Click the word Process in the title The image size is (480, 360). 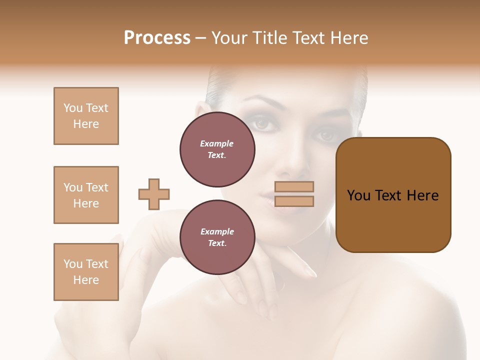point(157,38)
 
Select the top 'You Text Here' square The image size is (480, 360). point(86,116)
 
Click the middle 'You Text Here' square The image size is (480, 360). point(86,195)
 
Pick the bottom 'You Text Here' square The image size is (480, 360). point(86,272)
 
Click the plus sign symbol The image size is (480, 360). point(154,194)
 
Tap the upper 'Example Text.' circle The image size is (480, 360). point(217,149)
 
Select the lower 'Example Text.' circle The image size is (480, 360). point(217,237)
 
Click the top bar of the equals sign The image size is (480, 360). point(294,186)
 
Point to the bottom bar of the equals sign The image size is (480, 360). point(294,201)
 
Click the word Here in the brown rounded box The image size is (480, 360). point(422,195)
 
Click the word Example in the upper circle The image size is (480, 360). point(216,143)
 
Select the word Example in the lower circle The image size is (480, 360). point(217,231)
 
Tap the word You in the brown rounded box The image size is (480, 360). point(358,195)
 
